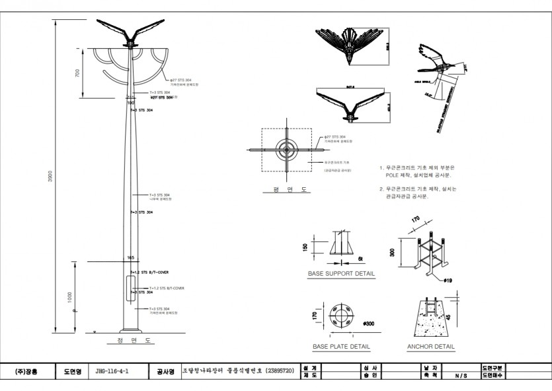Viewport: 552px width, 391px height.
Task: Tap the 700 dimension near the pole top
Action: point(77,73)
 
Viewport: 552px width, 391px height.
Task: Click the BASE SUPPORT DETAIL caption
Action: point(341,273)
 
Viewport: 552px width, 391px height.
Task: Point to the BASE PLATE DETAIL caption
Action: point(341,347)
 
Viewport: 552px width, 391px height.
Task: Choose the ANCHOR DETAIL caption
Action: point(431,347)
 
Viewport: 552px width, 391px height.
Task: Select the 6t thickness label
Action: point(360,258)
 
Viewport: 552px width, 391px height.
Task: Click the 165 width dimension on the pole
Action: point(130,257)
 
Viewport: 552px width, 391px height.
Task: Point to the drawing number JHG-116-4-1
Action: point(111,372)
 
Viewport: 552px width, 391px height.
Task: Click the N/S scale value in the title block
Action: point(461,376)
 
